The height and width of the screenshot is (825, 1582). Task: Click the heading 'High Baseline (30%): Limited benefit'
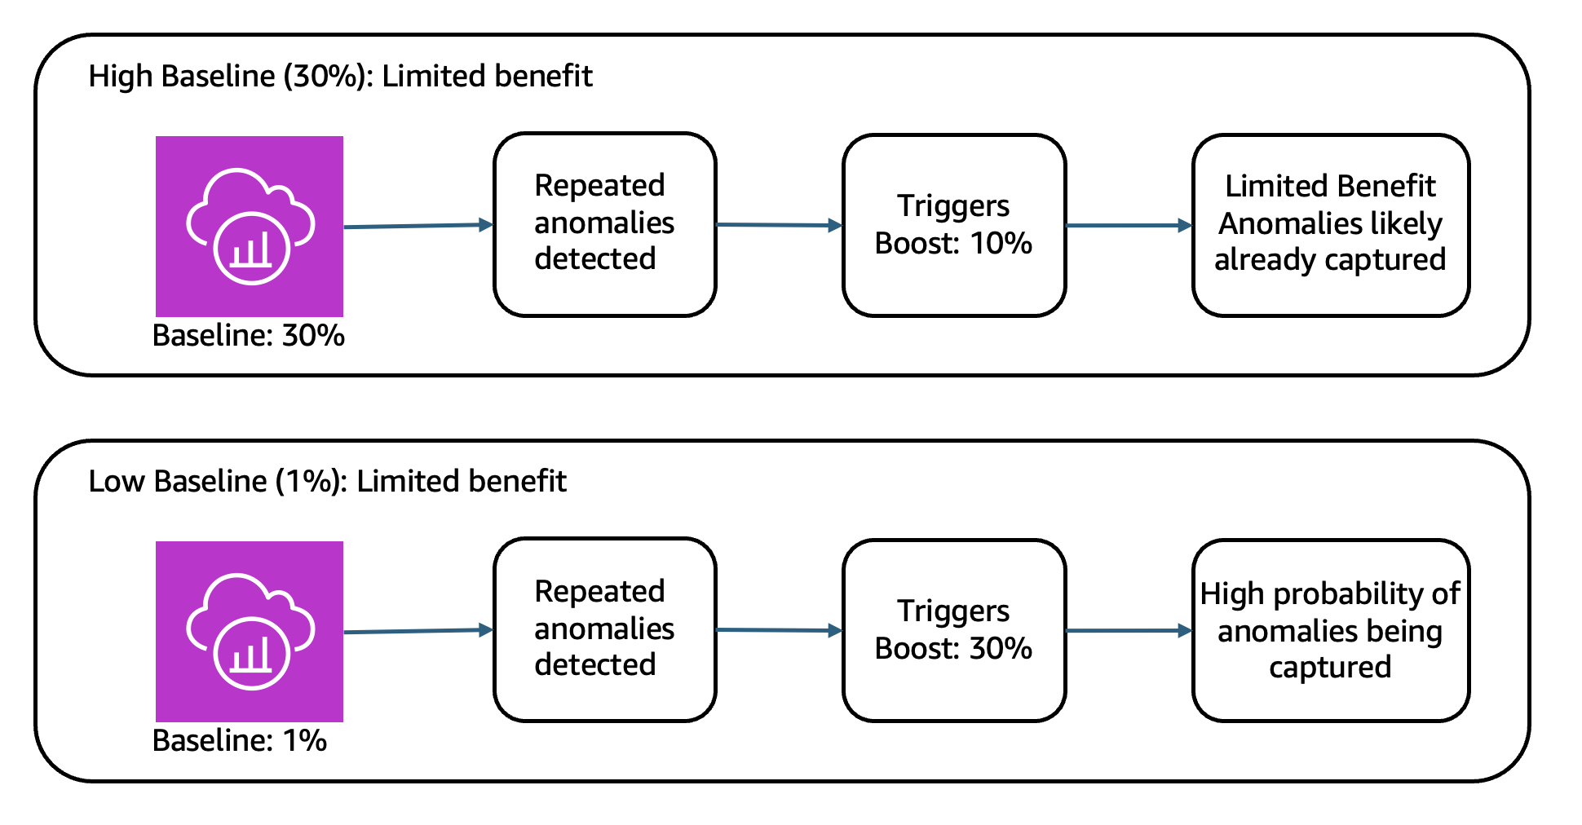click(x=340, y=76)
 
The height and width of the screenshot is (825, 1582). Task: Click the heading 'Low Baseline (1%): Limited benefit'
click(x=327, y=481)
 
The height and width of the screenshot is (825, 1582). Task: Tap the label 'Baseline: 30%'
click(x=248, y=335)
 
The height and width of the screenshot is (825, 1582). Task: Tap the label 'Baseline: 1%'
click(x=239, y=740)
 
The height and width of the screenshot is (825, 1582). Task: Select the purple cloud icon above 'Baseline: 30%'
click(x=250, y=226)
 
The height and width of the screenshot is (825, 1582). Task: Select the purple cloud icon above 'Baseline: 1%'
click(x=250, y=631)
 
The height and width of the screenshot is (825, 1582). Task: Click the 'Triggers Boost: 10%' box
click(x=953, y=225)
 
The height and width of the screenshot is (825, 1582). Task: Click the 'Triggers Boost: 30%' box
click(x=953, y=630)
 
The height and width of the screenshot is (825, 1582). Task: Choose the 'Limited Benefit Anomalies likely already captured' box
click(x=1330, y=225)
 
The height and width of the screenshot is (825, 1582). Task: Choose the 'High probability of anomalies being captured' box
click(x=1330, y=630)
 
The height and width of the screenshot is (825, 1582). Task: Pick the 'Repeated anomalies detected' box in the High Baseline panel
click(x=604, y=224)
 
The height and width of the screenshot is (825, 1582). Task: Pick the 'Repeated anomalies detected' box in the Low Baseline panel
click(x=604, y=629)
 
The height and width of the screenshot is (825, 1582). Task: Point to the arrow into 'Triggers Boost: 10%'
click(x=779, y=225)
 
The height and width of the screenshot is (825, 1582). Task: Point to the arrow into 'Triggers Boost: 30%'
click(x=779, y=630)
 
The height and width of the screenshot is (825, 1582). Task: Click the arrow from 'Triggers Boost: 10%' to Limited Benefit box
click(x=1129, y=225)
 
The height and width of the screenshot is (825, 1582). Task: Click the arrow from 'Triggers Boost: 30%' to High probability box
click(x=1129, y=630)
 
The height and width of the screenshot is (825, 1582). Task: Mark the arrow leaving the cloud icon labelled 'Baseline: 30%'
click(x=418, y=226)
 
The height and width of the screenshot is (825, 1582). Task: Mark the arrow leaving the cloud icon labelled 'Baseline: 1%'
click(x=418, y=631)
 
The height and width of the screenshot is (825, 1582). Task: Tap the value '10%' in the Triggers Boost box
click(x=1001, y=243)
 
